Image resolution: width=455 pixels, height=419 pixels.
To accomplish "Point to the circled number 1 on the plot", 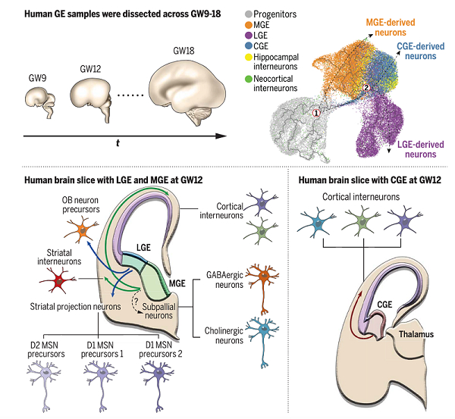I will (317, 112).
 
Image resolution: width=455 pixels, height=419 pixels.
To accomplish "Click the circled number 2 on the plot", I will (366, 89).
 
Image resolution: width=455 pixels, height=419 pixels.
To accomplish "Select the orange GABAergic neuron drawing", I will (260, 280).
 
